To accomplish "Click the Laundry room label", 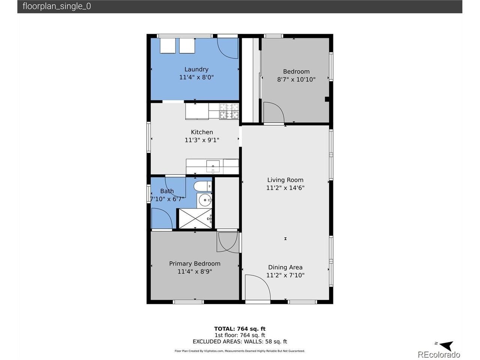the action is (x=196, y=69).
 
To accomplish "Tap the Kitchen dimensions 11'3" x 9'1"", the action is (x=202, y=140).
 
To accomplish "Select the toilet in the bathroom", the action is (x=203, y=186).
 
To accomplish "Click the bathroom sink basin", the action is (x=205, y=200).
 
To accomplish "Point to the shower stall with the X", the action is (x=195, y=219).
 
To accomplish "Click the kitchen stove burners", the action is (x=229, y=111).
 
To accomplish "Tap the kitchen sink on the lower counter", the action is (x=213, y=166).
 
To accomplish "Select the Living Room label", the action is (x=285, y=180).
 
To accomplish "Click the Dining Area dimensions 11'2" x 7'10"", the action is (x=285, y=275).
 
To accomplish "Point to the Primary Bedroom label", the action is (x=195, y=264).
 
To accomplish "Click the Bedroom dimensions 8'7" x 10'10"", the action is (x=296, y=79).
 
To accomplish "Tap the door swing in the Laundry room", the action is (x=227, y=48).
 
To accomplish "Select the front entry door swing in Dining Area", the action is (x=258, y=287).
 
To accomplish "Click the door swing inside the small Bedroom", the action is (x=274, y=112).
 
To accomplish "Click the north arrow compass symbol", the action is (x=446, y=345).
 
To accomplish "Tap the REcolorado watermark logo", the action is (x=439, y=354).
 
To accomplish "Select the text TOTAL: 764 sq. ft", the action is (x=240, y=329).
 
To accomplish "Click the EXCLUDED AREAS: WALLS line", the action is (x=240, y=341).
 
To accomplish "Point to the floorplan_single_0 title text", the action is (x=57, y=6).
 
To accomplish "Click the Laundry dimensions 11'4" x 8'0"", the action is (x=196, y=77).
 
